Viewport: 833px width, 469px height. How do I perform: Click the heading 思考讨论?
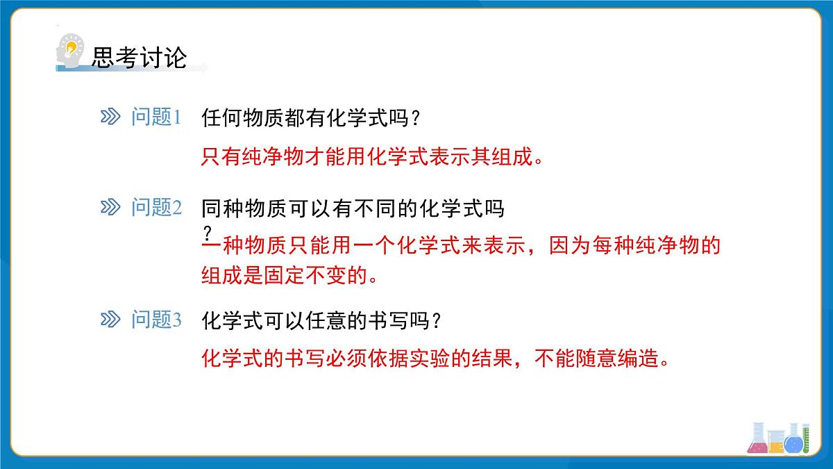(x=139, y=58)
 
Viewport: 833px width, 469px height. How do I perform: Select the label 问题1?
(x=156, y=118)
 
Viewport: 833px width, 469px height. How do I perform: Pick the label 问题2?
(x=156, y=208)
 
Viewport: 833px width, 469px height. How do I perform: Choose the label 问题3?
(x=156, y=320)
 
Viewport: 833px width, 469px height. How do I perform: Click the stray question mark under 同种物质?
(x=207, y=231)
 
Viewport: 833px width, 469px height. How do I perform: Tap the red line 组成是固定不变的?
(x=289, y=276)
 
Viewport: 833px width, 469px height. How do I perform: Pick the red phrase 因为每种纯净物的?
(x=635, y=246)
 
